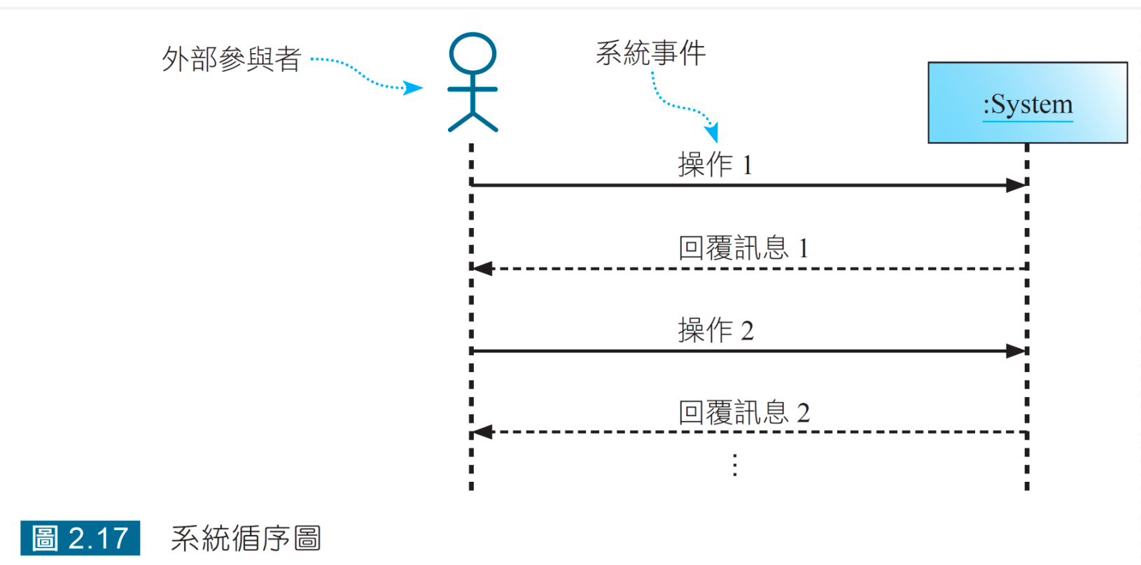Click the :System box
click(x=1027, y=103)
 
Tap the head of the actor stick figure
click(x=472, y=52)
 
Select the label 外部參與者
click(x=231, y=59)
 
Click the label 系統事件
click(x=650, y=53)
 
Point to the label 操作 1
click(x=714, y=165)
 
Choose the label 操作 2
click(x=715, y=330)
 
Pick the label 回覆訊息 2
click(x=743, y=413)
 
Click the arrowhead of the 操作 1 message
click(x=1016, y=185)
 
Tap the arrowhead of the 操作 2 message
click(x=1016, y=351)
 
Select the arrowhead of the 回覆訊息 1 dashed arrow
click(x=483, y=269)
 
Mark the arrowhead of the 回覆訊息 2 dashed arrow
click(x=483, y=432)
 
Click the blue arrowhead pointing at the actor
click(x=414, y=88)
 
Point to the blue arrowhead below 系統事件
click(x=712, y=133)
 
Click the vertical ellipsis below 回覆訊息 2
click(x=734, y=465)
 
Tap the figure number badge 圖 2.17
click(x=80, y=538)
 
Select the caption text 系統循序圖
click(x=246, y=538)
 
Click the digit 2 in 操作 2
click(x=747, y=331)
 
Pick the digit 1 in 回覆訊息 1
click(x=803, y=248)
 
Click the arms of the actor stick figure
click(x=472, y=90)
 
